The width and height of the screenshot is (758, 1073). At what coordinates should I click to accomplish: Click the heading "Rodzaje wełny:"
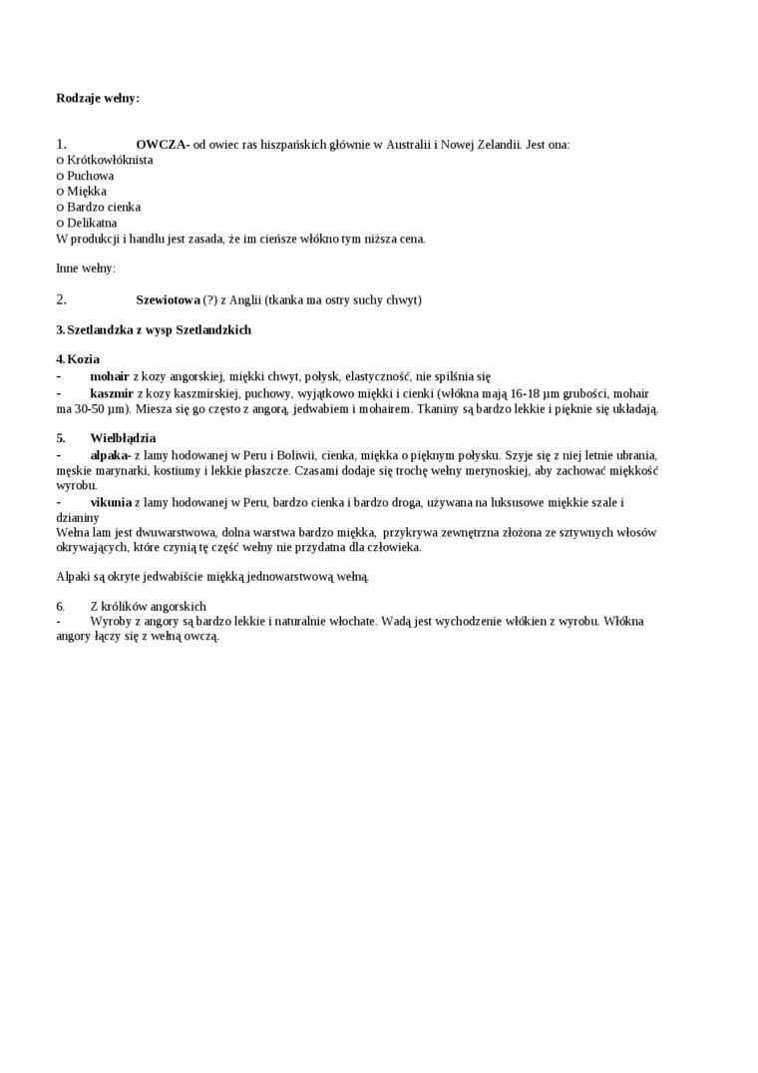tap(98, 99)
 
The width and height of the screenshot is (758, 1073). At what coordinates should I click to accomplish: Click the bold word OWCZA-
tap(163, 145)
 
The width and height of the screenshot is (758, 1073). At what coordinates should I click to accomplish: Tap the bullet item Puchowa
tap(90, 176)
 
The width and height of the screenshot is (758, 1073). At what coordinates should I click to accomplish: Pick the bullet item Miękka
tap(87, 192)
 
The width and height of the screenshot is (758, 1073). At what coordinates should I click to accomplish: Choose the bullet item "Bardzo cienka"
tap(104, 208)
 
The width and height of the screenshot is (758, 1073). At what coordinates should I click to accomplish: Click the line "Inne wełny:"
tap(86, 268)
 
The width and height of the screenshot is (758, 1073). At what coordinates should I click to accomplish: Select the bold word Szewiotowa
tap(168, 300)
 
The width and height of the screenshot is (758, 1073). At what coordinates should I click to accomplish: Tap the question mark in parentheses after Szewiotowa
tap(209, 300)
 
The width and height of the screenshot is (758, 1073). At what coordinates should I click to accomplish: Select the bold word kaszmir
tap(112, 394)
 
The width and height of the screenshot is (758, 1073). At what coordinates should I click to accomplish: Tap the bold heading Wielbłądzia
tap(123, 438)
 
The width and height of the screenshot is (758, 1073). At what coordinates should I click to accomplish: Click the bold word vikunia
tap(111, 502)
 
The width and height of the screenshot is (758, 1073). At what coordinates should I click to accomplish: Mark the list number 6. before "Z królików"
tap(61, 606)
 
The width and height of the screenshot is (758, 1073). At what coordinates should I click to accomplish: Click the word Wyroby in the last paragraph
tap(109, 621)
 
